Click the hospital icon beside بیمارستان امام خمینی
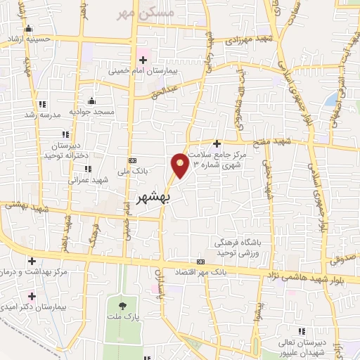click(x=143, y=60)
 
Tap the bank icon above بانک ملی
click(x=131, y=160)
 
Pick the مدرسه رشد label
click(x=39, y=114)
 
